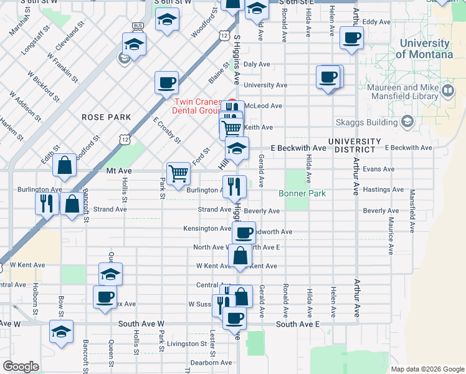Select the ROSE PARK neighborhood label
pyautogui.click(x=106, y=117)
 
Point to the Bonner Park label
pyautogui.click(x=302, y=194)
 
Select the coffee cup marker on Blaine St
pyautogui.click(x=167, y=82)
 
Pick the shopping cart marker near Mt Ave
pyautogui.click(x=178, y=173)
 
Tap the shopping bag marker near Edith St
pyautogui.click(x=65, y=166)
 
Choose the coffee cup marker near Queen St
pyautogui.click(x=105, y=297)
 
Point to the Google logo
pyautogui.click(x=21, y=367)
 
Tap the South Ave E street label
pyautogui.click(x=297, y=324)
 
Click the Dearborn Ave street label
pyautogui.click(x=211, y=363)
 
